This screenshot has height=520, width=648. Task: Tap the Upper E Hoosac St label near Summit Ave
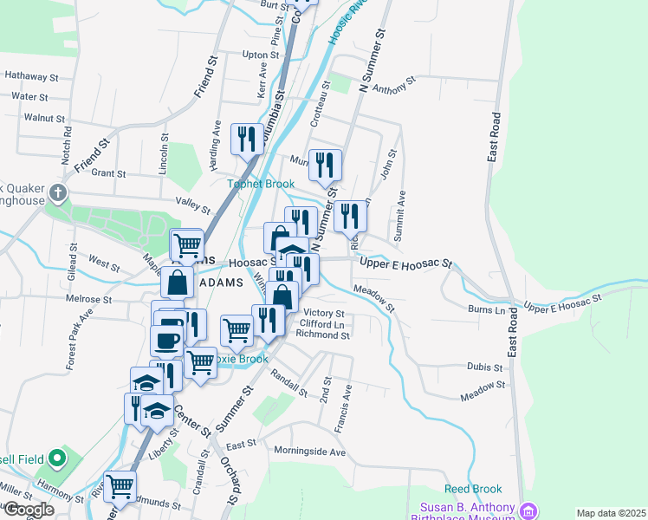tap(406, 263)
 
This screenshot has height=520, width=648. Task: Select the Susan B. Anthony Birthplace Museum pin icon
tap(528, 510)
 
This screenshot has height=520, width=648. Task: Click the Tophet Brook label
tap(261, 184)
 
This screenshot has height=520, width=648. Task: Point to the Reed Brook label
tap(467, 490)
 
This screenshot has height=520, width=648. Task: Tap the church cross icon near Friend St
tap(59, 192)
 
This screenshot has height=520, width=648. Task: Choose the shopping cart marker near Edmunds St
tap(120, 486)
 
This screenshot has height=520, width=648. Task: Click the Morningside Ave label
tap(309, 452)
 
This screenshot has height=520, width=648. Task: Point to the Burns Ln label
tap(486, 309)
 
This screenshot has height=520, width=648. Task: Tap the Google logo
tap(29, 510)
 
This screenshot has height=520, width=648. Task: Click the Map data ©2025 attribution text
tap(610, 513)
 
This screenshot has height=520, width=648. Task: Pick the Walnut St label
tap(44, 117)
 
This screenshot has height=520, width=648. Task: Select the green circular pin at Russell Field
tap(57, 457)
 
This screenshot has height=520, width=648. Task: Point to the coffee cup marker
tap(167, 339)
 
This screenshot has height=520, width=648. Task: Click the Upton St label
tap(259, 54)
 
